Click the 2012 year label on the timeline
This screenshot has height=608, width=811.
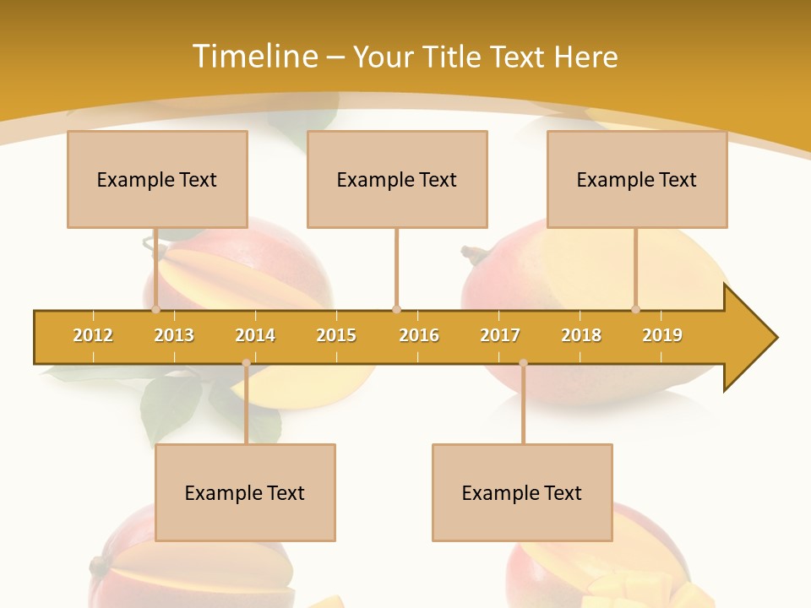93,335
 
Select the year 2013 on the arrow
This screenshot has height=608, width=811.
174,335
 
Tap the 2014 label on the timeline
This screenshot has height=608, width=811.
255,335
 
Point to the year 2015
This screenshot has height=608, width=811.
336,335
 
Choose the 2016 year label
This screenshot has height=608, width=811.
419,335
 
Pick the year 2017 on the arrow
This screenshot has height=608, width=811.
500,335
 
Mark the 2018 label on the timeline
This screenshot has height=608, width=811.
581,335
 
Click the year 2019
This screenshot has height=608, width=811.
662,335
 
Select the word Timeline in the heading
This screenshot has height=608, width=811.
254,57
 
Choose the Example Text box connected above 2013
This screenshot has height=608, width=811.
157,179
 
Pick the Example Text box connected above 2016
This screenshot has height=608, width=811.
397,179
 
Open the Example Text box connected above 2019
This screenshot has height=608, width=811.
637,179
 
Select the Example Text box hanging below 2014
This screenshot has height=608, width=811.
245,492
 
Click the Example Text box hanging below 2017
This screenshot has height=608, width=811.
522,492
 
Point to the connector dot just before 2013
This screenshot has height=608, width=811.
156,310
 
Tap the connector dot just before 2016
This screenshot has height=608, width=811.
396,310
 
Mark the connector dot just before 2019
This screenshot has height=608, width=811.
636,310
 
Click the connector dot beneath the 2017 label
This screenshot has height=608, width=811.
523,363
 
